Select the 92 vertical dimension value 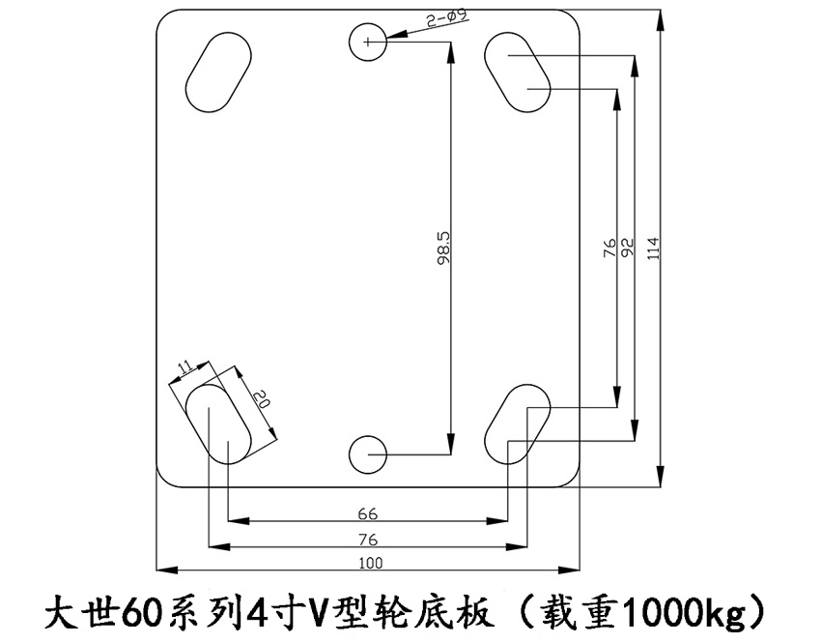pyautogui.click(x=627, y=248)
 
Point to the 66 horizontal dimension pyautogui.click(x=367, y=512)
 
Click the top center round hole pyautogui.click(x=368, y=41)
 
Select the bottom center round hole pyautogui.click(x=368, y=453)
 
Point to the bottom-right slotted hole pyautogui.click(x=517, y=423)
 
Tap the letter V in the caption pyautogui.click(x=320, y=612)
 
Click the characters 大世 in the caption pyautogui.click(x=78, y=612)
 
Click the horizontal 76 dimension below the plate pyautogui.click(x=367, y=539)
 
